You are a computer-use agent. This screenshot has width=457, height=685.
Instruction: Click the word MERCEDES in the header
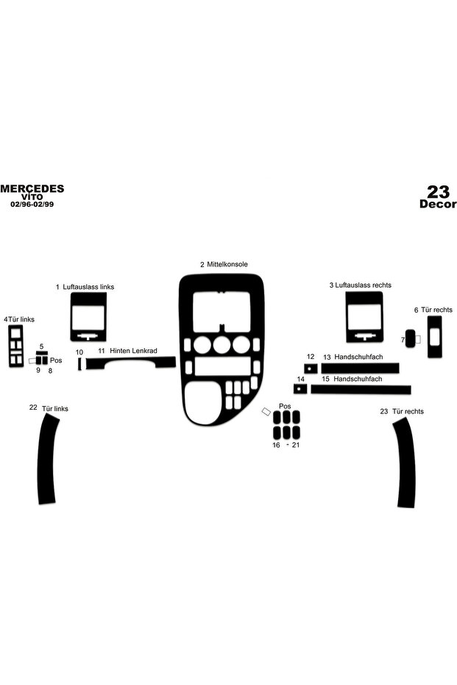(x=32, y=188)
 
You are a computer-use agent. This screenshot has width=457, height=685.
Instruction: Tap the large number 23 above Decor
(x=438, y=192)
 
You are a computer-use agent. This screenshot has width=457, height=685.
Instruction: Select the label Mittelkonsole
(x=227, y=264)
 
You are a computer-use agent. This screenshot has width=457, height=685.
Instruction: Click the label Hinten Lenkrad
(x=133, y=351)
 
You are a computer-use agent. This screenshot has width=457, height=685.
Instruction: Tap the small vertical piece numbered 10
(x=79, y=363)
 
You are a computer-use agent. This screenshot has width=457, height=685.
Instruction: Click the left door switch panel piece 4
(x=10, y=346)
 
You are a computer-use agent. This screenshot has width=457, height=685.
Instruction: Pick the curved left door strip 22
(x=47, y=458)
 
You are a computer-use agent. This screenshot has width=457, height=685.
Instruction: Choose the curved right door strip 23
(x=406, y=463)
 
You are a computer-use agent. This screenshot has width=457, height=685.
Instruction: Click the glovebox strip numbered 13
(x=360, y=368)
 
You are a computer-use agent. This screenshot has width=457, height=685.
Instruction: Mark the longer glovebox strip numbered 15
(x=361, y=389)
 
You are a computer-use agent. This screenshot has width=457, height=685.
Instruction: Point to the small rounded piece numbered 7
(x=410, y=338)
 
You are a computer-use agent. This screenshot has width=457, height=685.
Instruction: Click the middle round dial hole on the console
(x=222, y=344)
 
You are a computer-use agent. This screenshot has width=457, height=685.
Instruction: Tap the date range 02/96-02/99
(x=32, y=205)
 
